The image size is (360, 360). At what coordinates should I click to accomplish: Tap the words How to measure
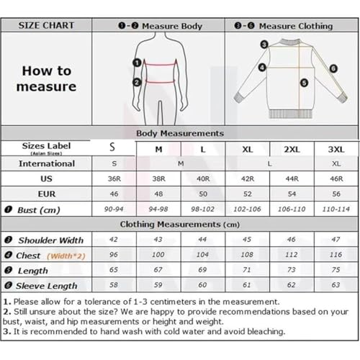point(48,79)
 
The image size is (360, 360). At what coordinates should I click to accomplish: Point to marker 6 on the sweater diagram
point(333,69)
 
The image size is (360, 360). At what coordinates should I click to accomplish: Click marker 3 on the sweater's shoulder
point(264,44)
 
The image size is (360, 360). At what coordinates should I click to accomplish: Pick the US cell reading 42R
point(247,179)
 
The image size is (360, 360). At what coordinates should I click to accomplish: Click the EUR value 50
point(203,194)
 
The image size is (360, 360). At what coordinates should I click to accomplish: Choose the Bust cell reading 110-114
point(334,209)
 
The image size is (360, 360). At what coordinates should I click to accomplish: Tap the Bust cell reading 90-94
point(112,209)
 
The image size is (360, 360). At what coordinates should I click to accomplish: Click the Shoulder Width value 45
point(247,240)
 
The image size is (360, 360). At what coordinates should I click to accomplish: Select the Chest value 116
point(334,255)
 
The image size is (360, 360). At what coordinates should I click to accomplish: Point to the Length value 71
point(247,270)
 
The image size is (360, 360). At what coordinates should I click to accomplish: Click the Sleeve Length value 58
point(112,285)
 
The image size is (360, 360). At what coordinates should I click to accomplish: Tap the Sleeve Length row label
point(48,286)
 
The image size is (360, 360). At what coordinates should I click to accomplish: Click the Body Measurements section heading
point(180,133)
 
